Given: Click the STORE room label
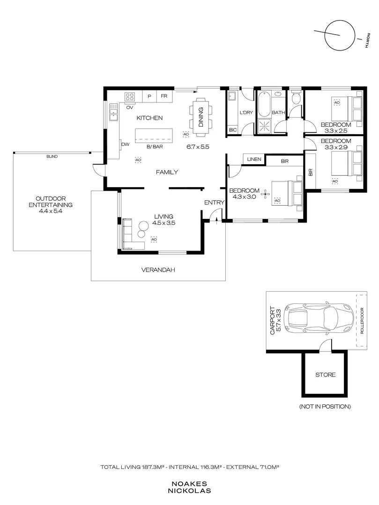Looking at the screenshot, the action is tap(325, 375).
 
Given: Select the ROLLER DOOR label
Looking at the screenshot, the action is tap(362, 321).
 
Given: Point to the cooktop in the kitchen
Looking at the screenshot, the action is tap(130, 97).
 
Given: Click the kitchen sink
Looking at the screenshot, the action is tap(113, 112).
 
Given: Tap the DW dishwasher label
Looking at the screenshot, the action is tap(125, 144).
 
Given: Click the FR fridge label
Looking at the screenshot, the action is tap(164, 96).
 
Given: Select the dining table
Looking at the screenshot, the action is tap(201, 117).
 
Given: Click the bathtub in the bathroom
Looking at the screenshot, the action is tap(264, 104).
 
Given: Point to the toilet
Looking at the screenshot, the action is tap(296, 98).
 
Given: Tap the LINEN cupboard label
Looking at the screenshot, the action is tap(254, 159).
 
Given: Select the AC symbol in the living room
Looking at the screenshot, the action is tap(154, 239).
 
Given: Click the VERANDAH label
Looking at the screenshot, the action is tap(158, 270).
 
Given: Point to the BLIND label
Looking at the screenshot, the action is tap(52, 157).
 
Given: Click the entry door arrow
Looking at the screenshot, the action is tap(216, 220).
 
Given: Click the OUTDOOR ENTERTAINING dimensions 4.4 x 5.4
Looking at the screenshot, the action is tap(51, 211).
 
